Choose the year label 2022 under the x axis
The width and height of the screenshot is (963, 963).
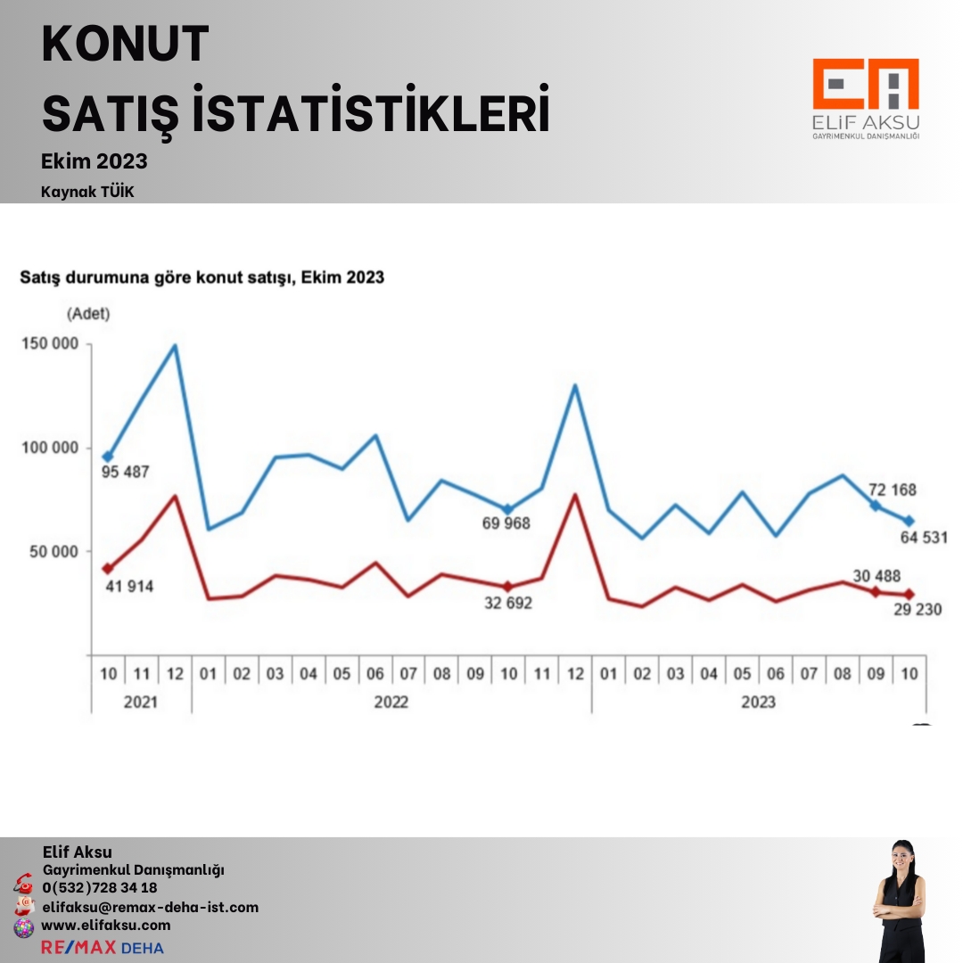391,702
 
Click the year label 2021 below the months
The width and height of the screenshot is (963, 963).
140,702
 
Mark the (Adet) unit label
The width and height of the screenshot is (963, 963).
87,313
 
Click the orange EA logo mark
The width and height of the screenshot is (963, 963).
865,86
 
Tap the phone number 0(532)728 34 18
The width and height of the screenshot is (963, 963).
100,887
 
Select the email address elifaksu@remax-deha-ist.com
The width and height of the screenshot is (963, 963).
150,907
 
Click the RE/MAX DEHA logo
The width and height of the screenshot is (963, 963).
103,947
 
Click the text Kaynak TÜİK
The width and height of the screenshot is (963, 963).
87,192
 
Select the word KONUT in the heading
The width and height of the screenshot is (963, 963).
126,45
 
